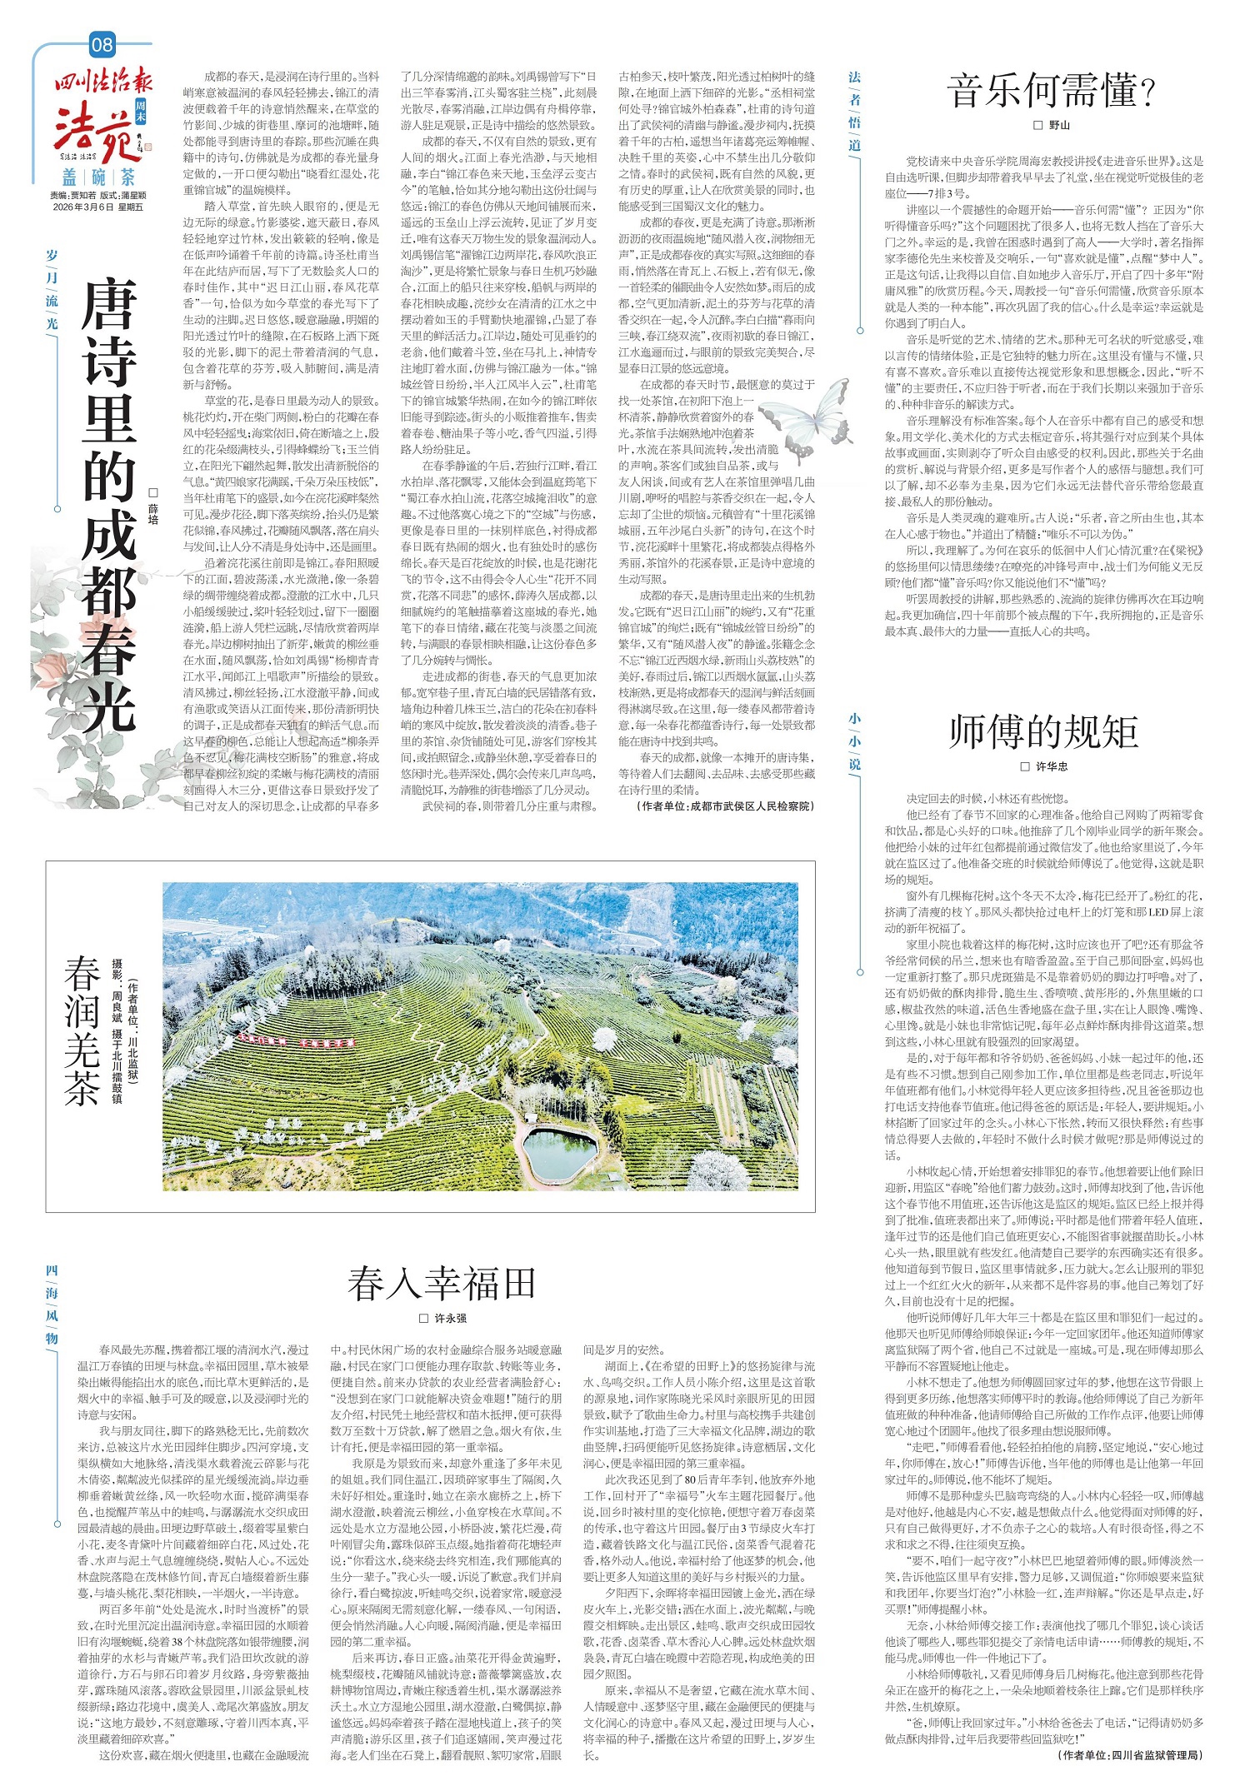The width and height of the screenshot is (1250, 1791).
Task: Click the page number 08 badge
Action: point(102,43)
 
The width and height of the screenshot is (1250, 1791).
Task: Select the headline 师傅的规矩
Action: point(1043,732)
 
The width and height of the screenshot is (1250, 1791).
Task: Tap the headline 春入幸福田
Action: point(441,1284)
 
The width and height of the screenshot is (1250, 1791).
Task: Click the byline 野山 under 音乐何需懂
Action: point(1052,125)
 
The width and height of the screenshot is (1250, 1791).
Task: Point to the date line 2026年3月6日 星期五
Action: point(97,207)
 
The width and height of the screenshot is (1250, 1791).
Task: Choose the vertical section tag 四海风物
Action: point(52,1304)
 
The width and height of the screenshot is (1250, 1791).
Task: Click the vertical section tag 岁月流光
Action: point(52,288)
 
